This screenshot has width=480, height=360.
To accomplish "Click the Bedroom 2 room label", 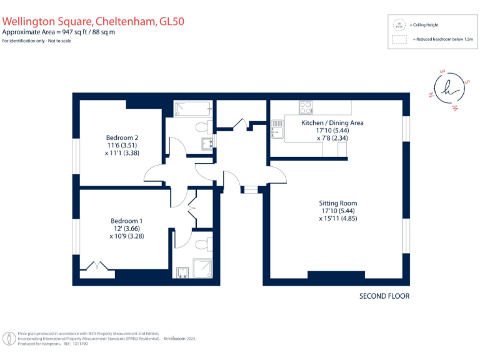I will tap(122, 137).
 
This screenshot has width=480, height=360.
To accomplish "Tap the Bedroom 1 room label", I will tap(127, 221).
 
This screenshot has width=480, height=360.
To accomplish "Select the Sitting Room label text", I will tap(337, 203).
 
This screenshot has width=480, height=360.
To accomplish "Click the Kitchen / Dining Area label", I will tap(332, 123).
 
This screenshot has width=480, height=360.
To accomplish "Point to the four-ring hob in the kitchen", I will tap(306, 107).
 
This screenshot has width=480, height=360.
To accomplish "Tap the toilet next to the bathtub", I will tap(201, 128).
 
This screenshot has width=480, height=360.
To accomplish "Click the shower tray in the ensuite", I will tap(202, 268).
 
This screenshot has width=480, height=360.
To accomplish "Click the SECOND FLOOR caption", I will tap(384, 296).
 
